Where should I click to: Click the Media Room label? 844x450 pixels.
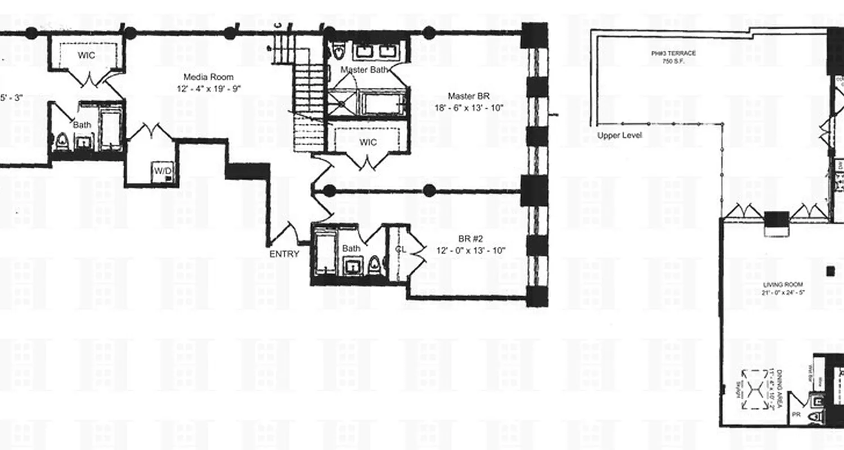[208, 77]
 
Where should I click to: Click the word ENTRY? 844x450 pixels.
[284, 254]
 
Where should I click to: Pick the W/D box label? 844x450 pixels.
[162, 171]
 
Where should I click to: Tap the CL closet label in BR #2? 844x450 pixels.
[401, 249]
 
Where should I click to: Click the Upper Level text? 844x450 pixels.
[619, 136]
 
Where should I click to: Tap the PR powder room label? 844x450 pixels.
[796, 415]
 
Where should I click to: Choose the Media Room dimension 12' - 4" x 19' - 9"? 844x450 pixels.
[208, 88]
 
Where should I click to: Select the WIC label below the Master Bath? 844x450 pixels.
[366, 142]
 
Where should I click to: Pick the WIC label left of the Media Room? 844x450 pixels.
[86, 56]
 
